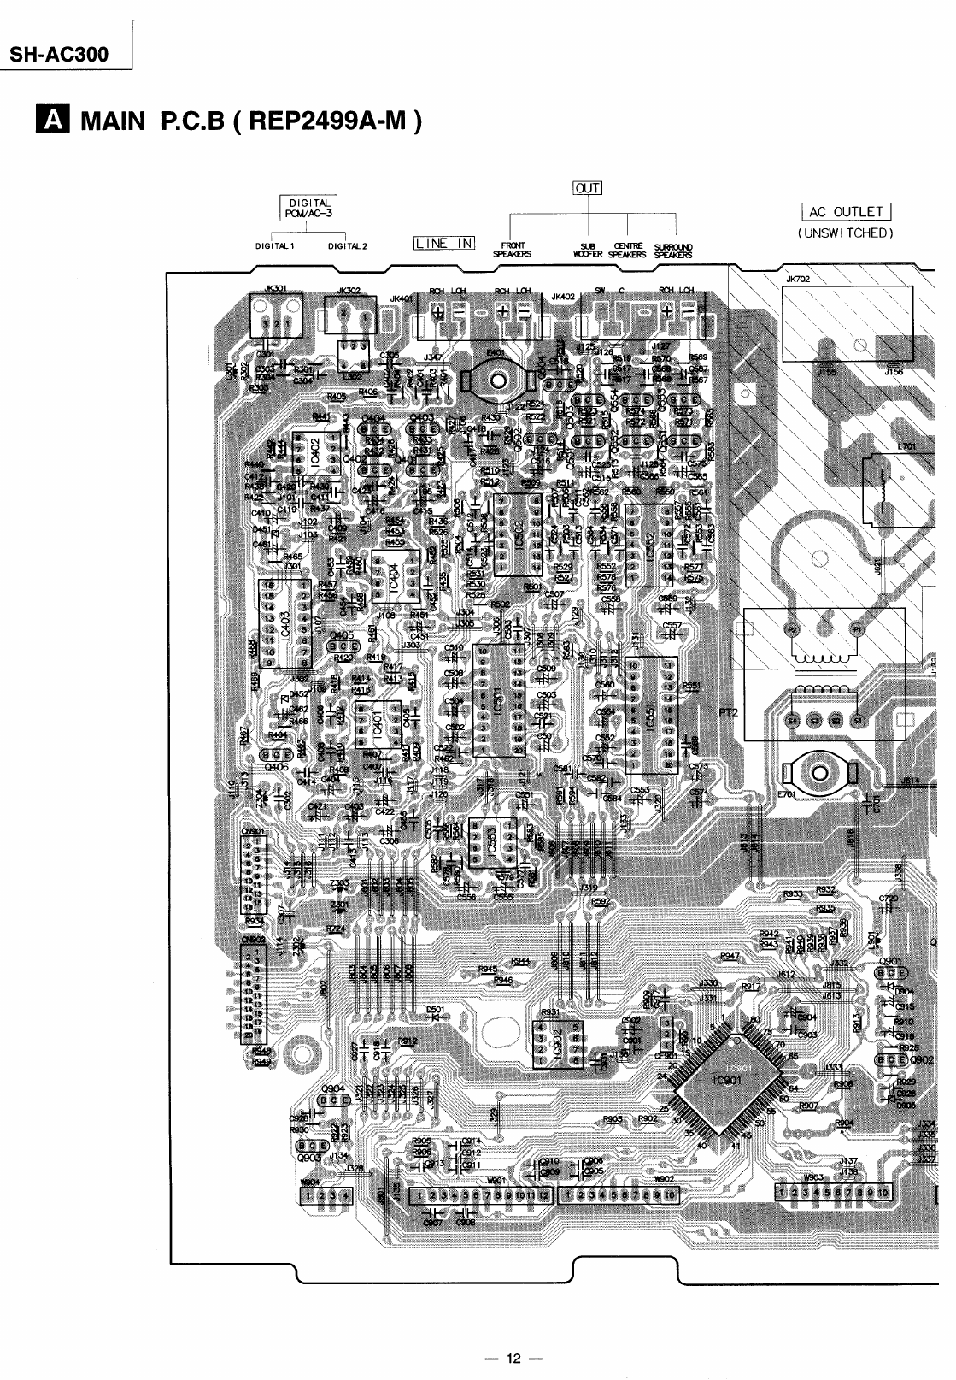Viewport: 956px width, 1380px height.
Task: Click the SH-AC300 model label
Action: tap(60, 55)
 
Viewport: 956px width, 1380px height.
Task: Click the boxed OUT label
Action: tap(589, 188)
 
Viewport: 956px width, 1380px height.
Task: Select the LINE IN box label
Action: tap(443, 243)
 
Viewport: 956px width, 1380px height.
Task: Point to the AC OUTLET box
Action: tap(846, 212)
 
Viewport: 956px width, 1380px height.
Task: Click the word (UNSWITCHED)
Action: tap(846, 232)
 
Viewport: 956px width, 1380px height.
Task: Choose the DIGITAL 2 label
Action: tap(347, 246)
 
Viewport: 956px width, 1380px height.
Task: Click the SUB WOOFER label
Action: tap(588, 250)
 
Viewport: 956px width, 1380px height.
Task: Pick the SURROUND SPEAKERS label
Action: tap(673, 250)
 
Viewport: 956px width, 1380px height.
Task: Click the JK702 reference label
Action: tap(798, 279)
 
